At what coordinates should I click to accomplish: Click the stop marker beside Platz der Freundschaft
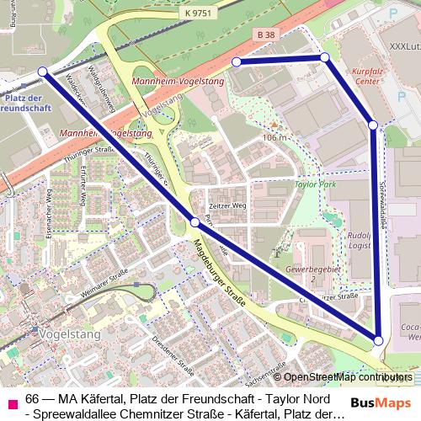pyautogui.click(x=43, y=72)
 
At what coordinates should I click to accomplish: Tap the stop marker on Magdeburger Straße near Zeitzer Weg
pyautogui.click(x=195, y=222)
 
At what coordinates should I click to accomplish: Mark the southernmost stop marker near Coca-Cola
pyautogui.click(x=378, y=340)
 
